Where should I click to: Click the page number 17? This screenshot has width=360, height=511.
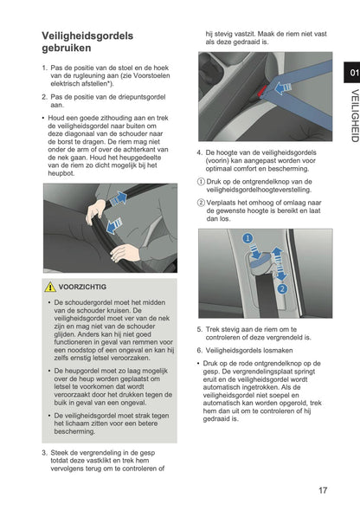coord(322,490)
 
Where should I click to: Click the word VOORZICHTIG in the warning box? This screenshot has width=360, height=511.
coord(83,287)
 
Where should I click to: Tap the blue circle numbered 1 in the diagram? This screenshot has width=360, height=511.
coord(247,237)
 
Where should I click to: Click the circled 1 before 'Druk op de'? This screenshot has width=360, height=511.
coord(200,181)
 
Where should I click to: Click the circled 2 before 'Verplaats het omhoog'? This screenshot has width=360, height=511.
coord(200,201)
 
